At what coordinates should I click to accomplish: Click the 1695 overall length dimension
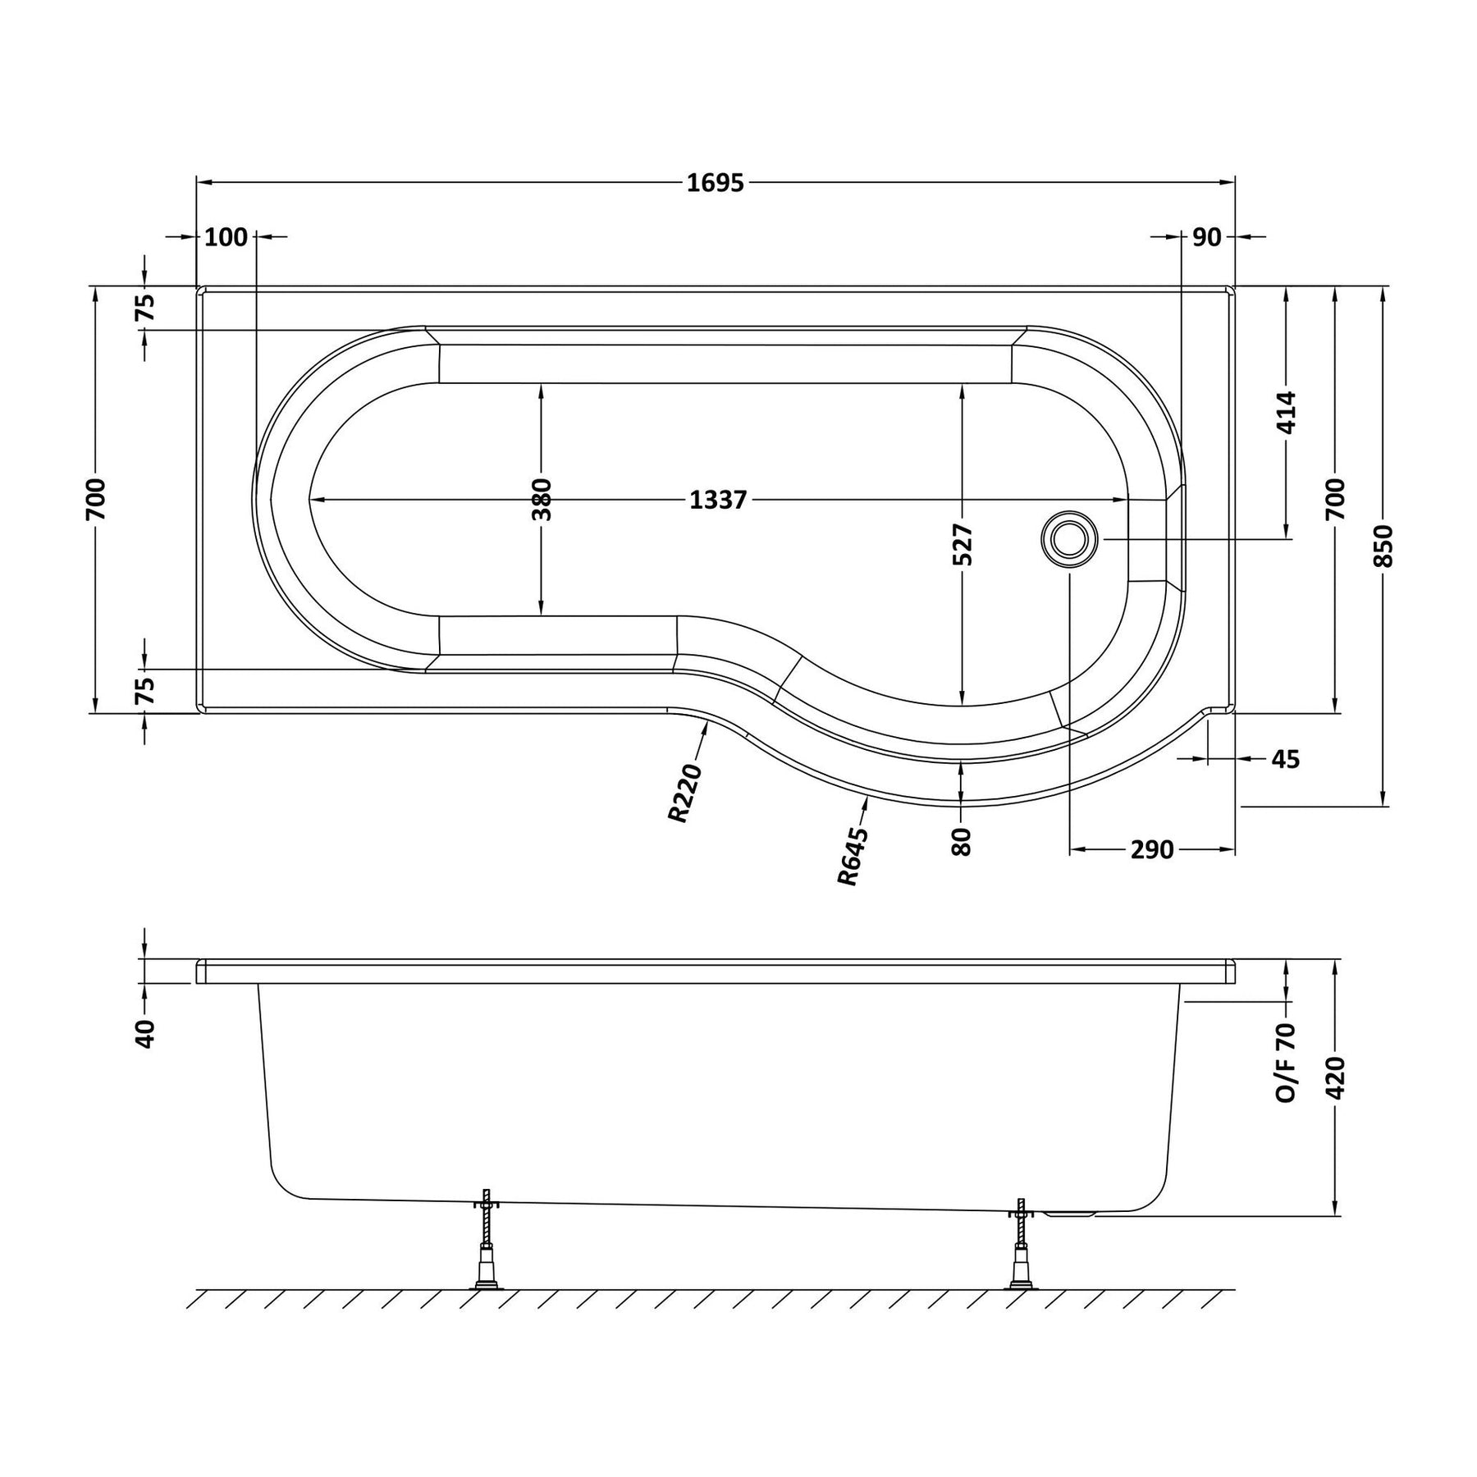click(x=716, y=182)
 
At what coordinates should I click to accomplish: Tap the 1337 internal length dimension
click(x=718, y=500)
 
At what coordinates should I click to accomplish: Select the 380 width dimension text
click(x=542, y=500)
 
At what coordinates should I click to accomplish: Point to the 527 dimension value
click(x=963, y=544)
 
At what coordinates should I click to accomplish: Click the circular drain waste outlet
click(x=1068, y=539)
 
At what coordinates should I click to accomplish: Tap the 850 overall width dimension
click(x=1383, y=546)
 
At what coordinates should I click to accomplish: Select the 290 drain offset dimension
click(x=1152, y=850)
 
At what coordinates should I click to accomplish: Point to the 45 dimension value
click(x=1286, y=759)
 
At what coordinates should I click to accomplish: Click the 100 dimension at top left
click(x=226, y=237)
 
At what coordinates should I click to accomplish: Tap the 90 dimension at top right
click(x=1207, y=237)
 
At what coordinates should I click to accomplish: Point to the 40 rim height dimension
click(x=145, y=1033)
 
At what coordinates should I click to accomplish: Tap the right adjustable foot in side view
click(x=1022, y=1243)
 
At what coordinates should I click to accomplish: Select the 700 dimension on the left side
click(x=95, y=499)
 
